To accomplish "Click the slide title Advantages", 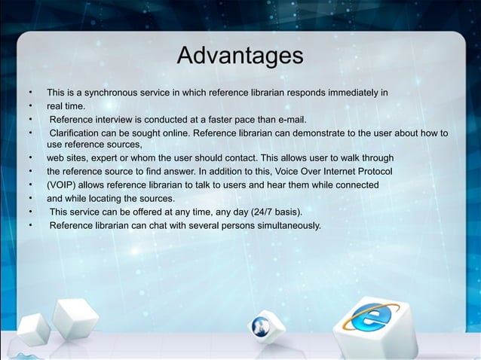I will point(240,56).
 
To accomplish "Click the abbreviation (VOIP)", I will point(64,185).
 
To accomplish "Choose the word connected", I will point(357,185).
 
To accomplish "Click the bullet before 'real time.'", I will point(30,106).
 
